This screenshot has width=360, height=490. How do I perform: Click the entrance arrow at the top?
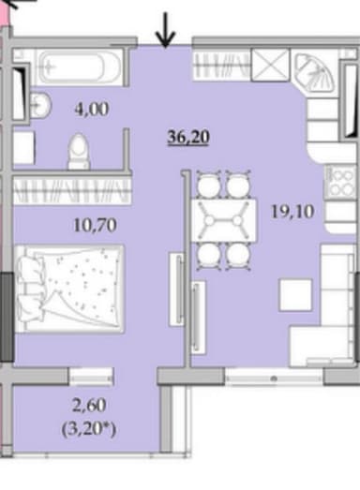tap(165, 30)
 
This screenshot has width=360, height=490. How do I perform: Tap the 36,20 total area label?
tap(187, 137)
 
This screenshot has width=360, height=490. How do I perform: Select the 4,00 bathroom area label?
tap(91, 108)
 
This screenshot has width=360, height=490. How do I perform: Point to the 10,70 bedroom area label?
tap(91, 225)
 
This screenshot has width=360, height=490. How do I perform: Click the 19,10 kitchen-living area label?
tap(291, 211)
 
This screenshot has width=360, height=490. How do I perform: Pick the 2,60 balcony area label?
tap(91, 408)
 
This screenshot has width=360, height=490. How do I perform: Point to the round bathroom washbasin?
tap(40, 105)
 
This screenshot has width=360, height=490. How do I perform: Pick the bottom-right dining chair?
tap(239, 256)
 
